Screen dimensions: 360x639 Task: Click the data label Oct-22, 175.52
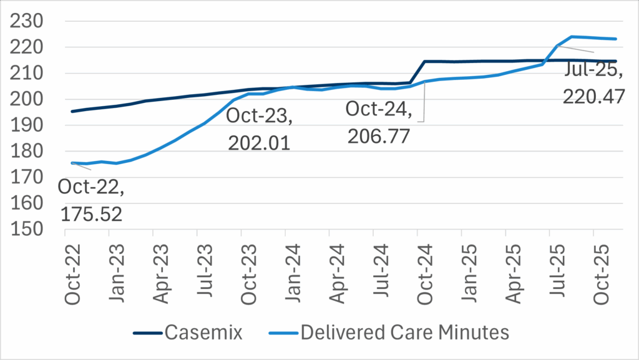click(90, 200)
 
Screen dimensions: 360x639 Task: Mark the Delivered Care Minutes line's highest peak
click(572, 37)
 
